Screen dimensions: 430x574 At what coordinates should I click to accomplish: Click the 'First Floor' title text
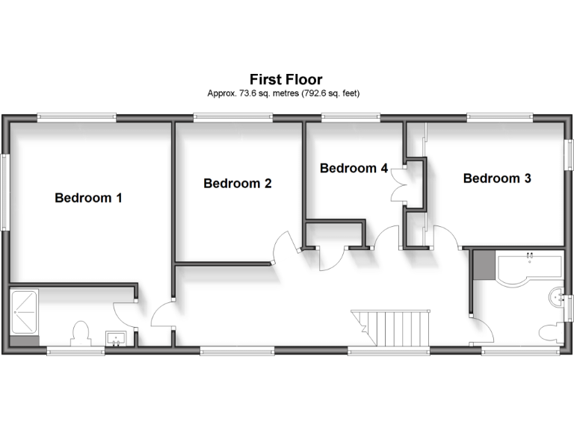pos(286,79)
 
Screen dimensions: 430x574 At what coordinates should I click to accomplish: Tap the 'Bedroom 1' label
pos(88,198)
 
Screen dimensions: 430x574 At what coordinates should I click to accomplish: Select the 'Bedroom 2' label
pos(237,183)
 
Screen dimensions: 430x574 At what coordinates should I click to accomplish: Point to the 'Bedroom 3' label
pos(497,178)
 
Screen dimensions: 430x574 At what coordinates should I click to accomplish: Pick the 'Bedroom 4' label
pos(354,168)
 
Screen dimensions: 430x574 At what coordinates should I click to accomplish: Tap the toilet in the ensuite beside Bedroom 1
pos(80,333)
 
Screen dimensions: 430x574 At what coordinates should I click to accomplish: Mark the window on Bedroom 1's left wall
pos(4,191)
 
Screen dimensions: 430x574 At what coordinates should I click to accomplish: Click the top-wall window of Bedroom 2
pos(226,116)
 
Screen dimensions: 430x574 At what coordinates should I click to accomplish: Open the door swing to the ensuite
pos(123,314)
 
